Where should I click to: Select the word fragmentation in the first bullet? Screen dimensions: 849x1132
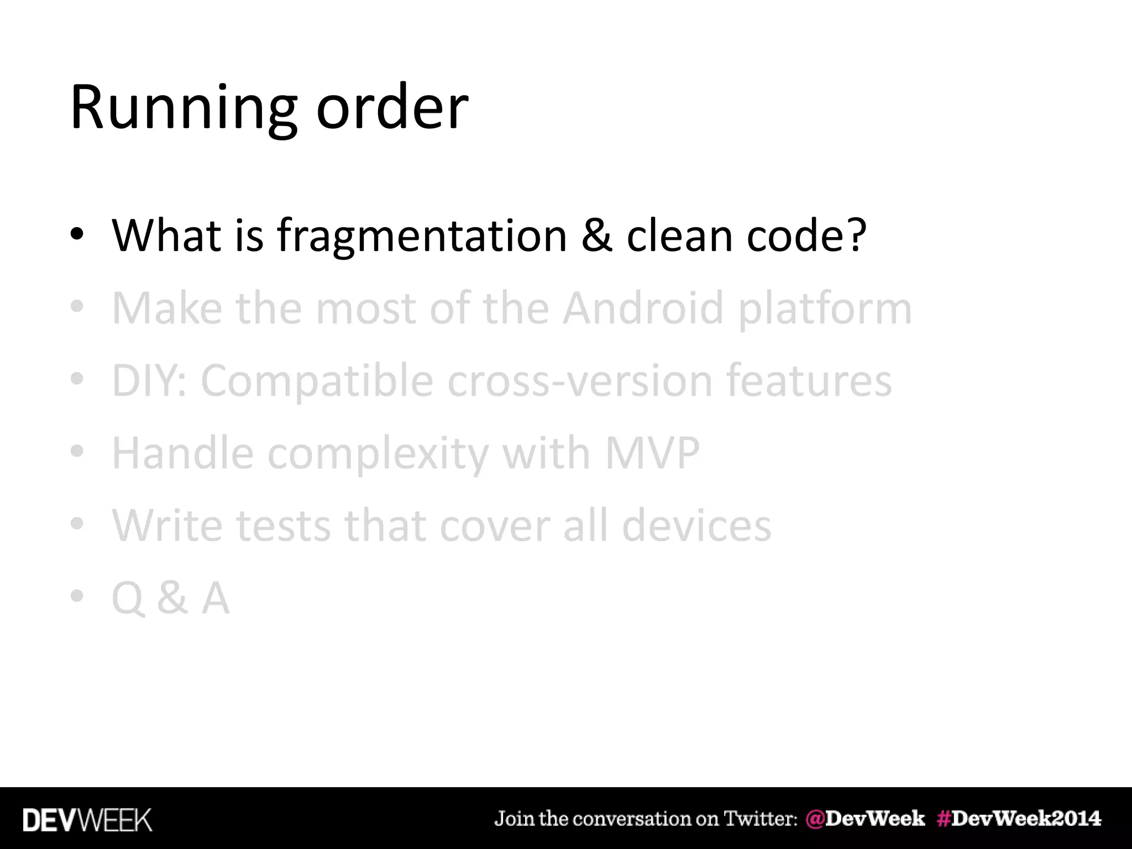[x=422, y=236]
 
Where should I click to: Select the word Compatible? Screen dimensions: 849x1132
[x=317, y=381]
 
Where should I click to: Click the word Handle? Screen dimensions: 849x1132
[x=182, y=453]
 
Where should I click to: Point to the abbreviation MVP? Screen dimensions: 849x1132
[x=652, y=453]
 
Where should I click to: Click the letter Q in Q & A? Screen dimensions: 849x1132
[x=128, y=599]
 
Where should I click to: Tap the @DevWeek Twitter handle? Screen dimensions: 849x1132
[x=865, y=819]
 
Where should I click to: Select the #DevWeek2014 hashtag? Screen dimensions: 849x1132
[x=1019, y=819]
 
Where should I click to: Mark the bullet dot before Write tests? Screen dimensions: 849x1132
[x=77, y=523]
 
